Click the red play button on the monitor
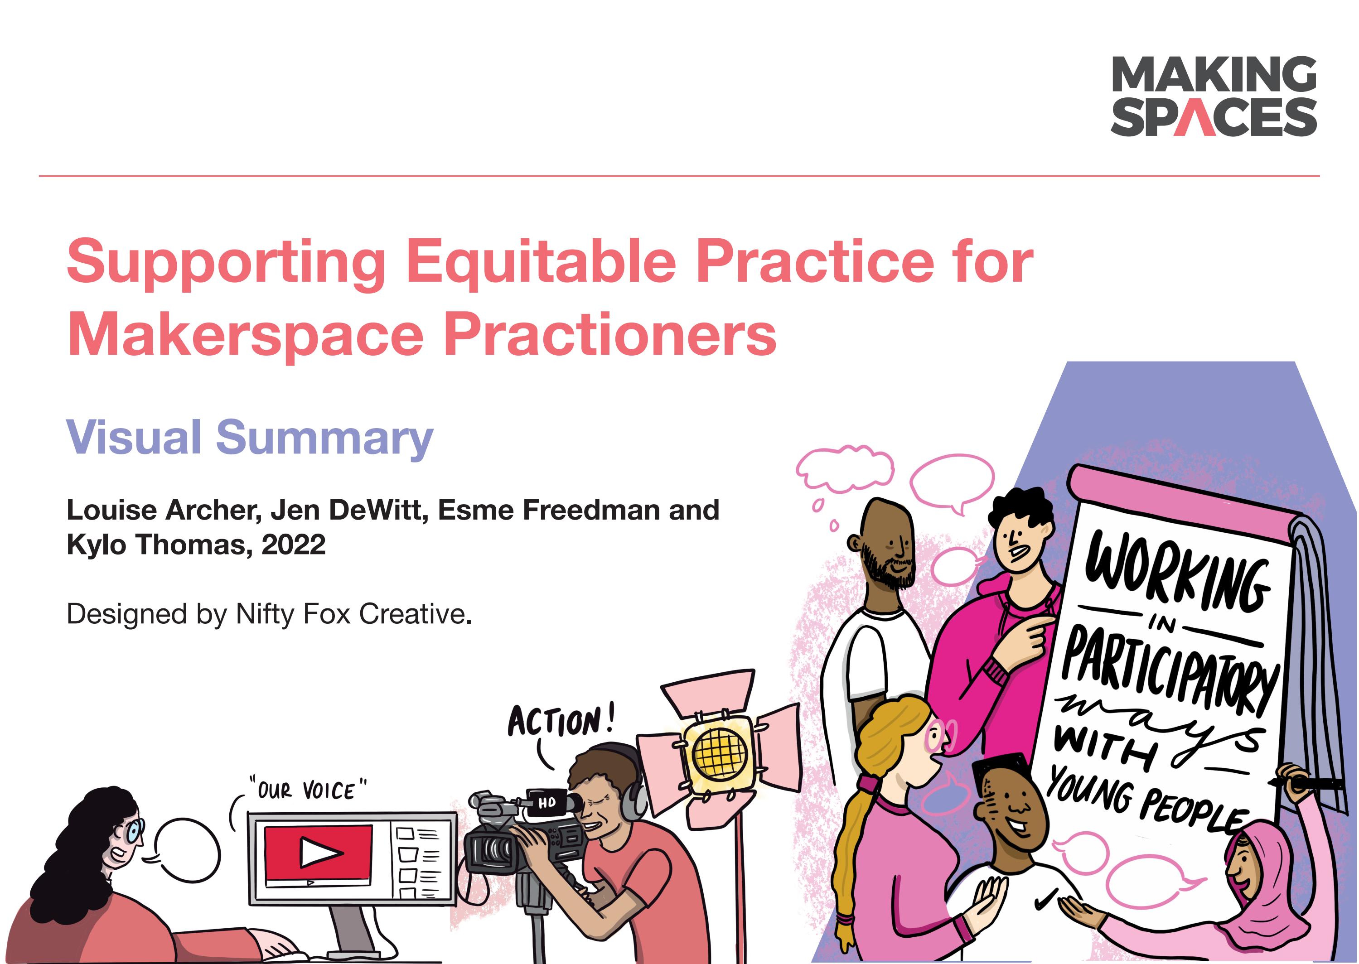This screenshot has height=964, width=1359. (x=318, y=853)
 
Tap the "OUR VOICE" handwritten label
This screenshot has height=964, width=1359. (x=308, y=790)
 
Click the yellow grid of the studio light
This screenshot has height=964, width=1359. (x=718, y=754)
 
